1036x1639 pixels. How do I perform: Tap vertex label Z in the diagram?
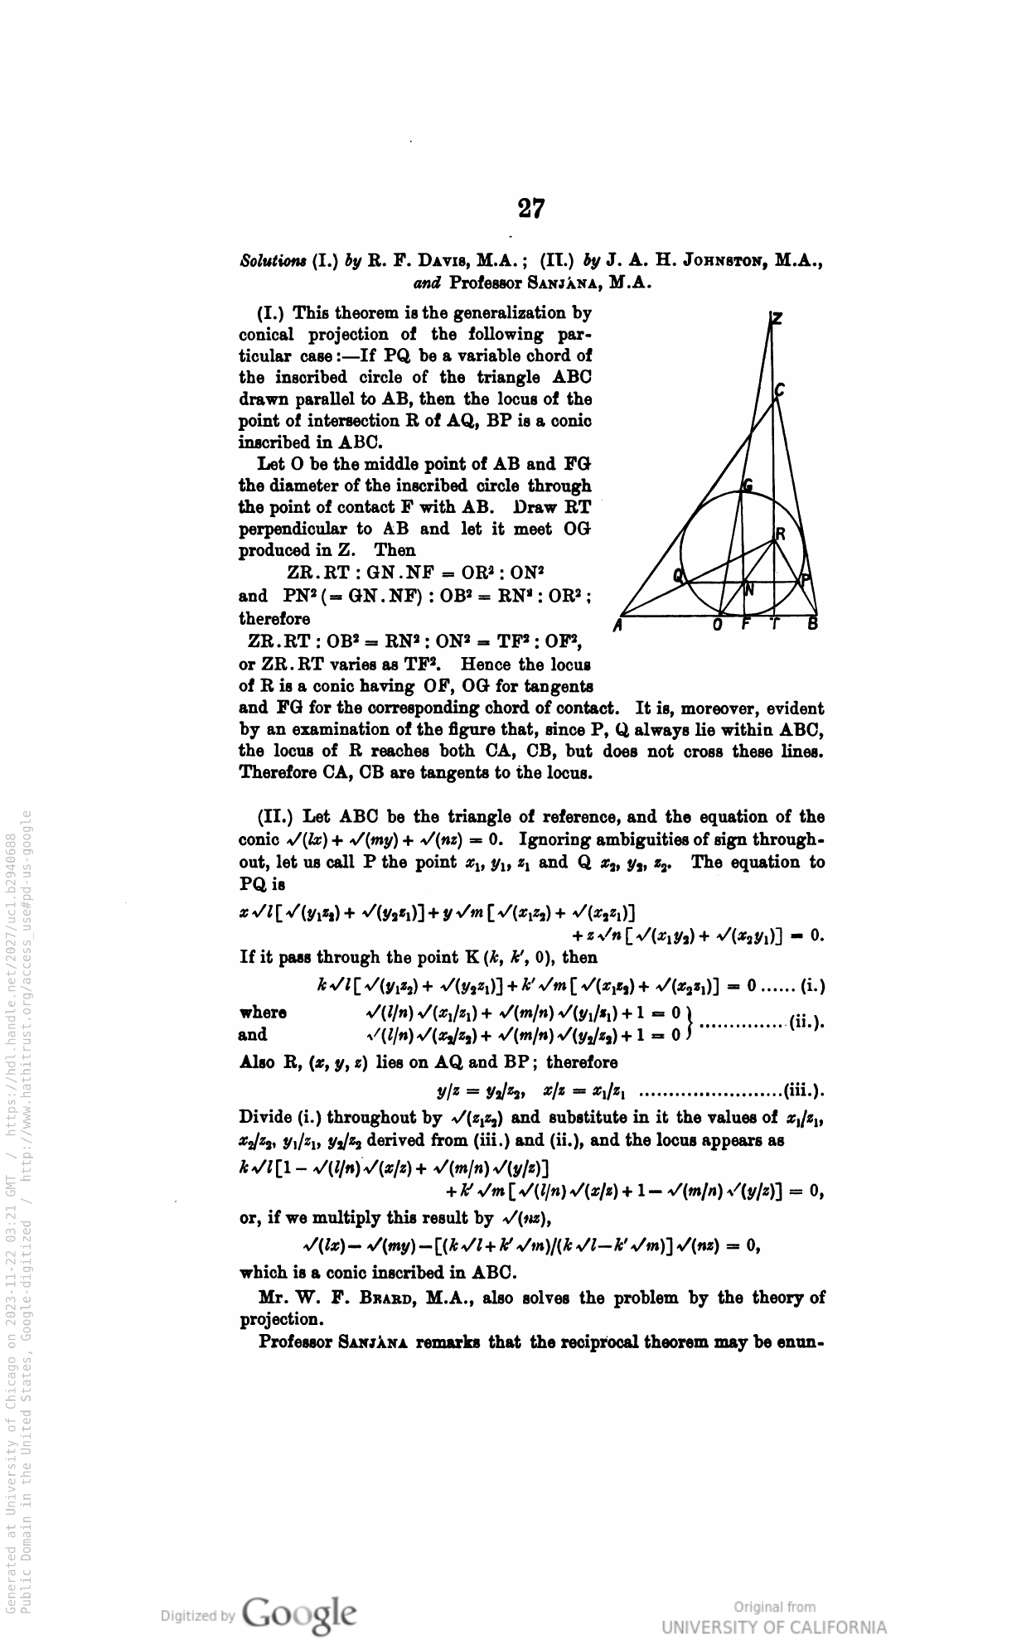coord(777,319)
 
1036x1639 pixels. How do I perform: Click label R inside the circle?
coord(780,534)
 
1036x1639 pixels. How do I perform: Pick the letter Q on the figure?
coord(680,577)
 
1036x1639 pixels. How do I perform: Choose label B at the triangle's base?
coord(813,625)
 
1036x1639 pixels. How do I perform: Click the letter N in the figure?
coord(750,590)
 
